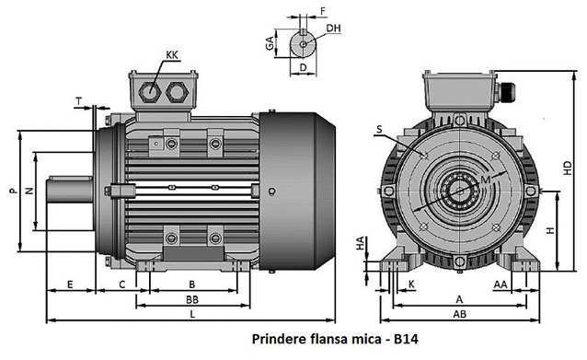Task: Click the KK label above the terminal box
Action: point(172,55)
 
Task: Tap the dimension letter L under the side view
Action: point(192,314)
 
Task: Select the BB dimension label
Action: point(192,299)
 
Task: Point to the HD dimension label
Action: point(568,168)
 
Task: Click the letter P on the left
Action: point(14,191)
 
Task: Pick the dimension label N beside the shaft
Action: point(29,191)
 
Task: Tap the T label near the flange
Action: point(79,101)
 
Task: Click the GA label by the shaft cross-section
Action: point(270,43)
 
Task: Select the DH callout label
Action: point(333,29)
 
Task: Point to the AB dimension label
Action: point(460,314)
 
